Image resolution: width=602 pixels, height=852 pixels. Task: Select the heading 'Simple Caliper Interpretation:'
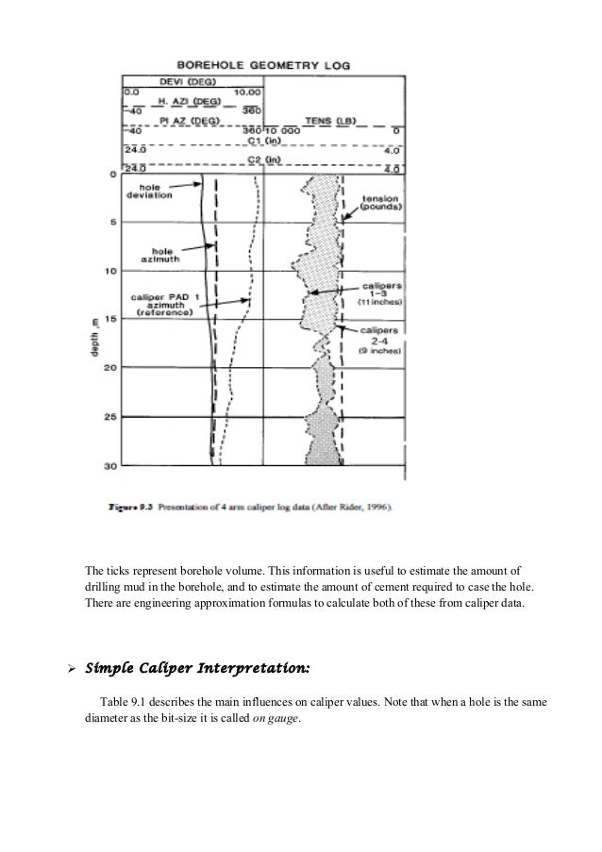click(x=196, y=669)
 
